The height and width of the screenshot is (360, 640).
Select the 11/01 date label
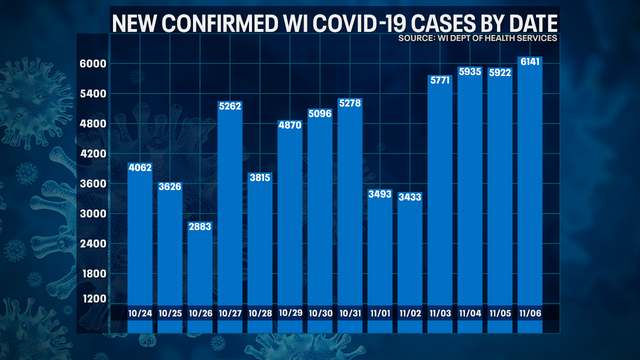coord(380,316)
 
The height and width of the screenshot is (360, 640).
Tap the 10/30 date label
coord(320,316)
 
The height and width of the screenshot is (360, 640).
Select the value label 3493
coord(380,193)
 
